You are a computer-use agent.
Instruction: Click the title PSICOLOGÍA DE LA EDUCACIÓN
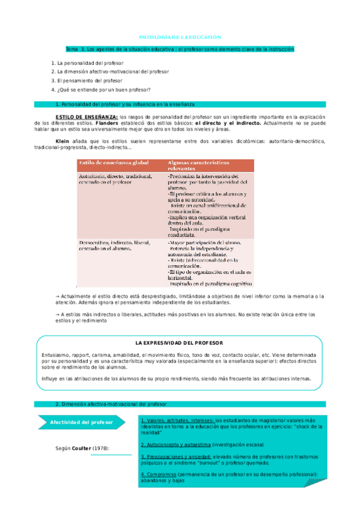coord(180,37)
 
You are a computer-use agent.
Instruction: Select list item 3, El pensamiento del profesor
coord(88,80)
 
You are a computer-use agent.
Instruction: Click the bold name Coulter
coord(82,448)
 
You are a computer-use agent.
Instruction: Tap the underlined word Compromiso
coord(156,475)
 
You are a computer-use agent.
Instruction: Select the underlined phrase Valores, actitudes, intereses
coord(177,419)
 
